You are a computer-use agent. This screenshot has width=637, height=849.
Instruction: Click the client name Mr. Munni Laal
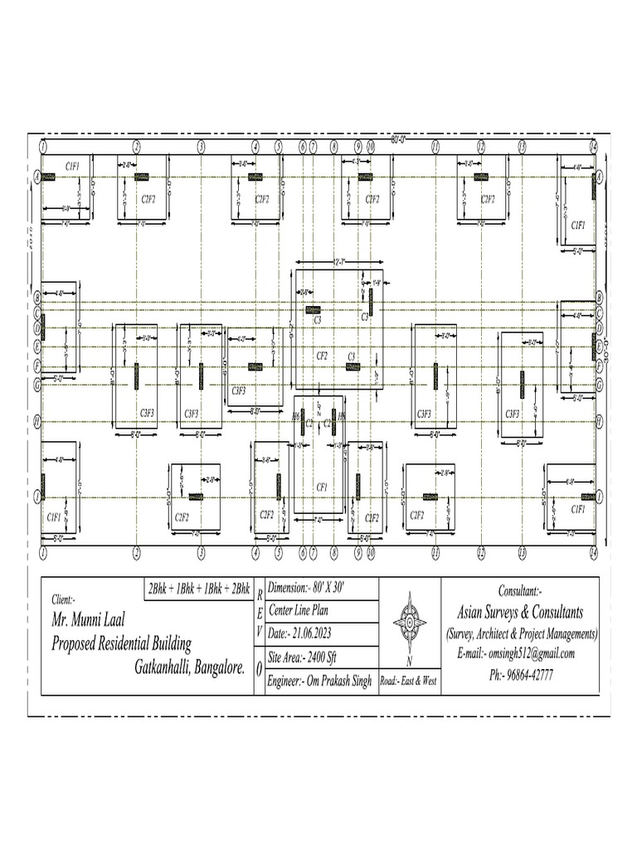pos(94,619)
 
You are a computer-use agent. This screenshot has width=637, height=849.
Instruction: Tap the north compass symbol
pos(410,622)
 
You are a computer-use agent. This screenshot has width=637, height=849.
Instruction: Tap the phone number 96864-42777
pos(522,675)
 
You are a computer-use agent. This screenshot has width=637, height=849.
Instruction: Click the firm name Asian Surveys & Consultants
pos(521,612)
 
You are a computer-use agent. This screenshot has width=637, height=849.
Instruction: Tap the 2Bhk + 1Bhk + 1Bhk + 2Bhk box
pos(198,589)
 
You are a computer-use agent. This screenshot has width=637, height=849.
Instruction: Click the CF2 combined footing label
pos(322,356)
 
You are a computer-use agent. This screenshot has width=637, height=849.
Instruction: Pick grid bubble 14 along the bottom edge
pos(593,551)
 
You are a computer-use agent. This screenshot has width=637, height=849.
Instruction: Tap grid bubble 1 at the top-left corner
pos(41,146)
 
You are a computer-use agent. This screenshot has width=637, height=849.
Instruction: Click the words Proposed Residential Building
pos(121,643)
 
